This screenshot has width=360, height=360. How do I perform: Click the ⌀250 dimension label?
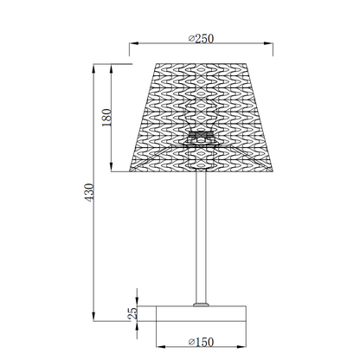point(201,38)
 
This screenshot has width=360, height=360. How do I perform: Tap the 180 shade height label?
point(106,118)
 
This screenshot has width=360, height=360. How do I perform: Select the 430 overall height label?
point(89,192)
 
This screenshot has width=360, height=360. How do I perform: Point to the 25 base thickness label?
point(132,313)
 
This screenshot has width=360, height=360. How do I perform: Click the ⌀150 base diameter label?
point(201,342)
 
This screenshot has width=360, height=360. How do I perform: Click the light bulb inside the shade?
point(201,114)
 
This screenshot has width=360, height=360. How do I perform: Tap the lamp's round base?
point(201,313)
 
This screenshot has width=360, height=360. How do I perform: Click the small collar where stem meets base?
point(201,305)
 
